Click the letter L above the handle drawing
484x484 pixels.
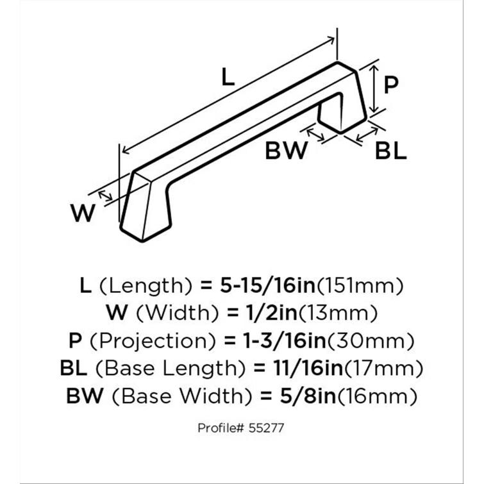tap(228, 77)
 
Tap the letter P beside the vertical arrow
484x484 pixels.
tap(391, 85)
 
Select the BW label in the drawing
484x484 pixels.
tap(287, 150)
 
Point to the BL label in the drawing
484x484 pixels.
tap(391, 151)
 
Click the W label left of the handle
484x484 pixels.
tap(83, 213)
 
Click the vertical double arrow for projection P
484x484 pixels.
tap(374, 89)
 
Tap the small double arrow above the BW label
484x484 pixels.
tap(315, 135)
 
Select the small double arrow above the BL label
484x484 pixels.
tap(367, 134)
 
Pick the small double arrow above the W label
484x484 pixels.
tap(105, 196)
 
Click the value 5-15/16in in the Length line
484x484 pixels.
tap(267, 285)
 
